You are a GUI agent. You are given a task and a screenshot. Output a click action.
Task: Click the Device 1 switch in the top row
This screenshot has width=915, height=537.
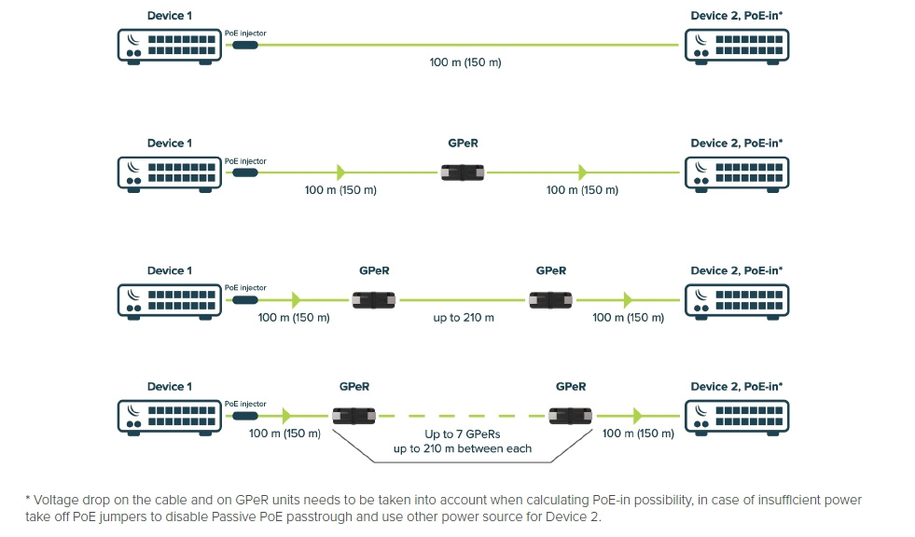point(170,45)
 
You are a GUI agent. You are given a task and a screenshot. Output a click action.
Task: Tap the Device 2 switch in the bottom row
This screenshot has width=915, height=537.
point(736,416)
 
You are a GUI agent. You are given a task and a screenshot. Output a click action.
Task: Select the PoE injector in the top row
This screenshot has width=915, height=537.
point(244,45)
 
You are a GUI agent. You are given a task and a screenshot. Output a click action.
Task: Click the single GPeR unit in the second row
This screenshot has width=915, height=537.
point(464,172)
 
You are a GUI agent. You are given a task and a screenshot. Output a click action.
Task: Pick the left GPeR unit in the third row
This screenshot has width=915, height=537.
point(374,300)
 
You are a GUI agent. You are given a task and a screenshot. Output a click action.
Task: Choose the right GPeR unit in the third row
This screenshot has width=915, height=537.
point(550,300)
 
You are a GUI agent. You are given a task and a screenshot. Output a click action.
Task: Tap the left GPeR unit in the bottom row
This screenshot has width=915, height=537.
point(354,416)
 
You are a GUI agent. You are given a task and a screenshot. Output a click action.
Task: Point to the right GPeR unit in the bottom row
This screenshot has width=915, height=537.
point(570,416)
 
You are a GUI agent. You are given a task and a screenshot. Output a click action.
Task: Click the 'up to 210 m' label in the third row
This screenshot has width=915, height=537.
point(464,318)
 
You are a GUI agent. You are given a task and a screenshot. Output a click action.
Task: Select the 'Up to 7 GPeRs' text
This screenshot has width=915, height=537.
point(463,434)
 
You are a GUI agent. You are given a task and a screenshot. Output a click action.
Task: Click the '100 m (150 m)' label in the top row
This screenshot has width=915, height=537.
point(464,62)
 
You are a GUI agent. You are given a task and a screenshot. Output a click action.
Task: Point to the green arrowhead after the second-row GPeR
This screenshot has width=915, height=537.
point(583,172)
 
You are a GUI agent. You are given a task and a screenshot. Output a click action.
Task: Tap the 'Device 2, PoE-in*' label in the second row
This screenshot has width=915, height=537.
point(736,144)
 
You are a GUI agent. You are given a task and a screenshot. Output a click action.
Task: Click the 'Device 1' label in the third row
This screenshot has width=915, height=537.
point(170,270)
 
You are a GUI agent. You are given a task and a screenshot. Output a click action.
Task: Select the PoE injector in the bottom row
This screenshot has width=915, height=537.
point(244,416)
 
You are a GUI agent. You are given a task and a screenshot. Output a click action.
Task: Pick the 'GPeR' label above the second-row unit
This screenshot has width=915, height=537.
point(464,144)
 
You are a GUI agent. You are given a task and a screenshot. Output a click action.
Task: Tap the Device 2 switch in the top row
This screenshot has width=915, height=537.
point(736,45)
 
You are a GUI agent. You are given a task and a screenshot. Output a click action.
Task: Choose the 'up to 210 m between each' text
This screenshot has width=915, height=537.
point(463,448)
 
